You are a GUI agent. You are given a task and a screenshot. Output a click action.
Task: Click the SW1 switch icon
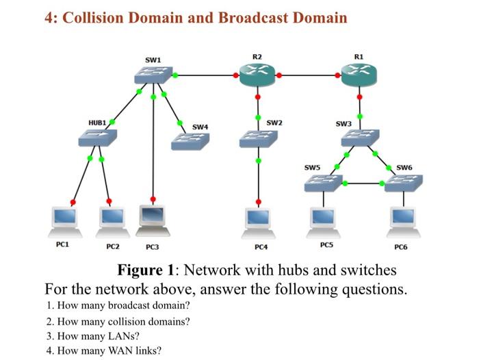tap(153, 75)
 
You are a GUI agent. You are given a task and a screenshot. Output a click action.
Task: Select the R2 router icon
tap(257, 75)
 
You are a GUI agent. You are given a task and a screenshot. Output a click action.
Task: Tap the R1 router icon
tap(359, 75)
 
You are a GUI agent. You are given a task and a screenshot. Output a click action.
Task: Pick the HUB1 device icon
tap(98, 138)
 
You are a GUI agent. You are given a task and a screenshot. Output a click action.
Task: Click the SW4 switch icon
tap(190, 142)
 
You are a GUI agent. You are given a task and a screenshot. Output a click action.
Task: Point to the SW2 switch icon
tap(259, 139)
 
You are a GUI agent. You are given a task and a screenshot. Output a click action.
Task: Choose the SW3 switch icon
tap(360, 138)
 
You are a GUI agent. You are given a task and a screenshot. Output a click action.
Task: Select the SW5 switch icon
tap(324, 183)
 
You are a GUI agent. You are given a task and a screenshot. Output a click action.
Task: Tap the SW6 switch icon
tap(404, 183)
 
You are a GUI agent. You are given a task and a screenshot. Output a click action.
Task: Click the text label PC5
tap(326, 245)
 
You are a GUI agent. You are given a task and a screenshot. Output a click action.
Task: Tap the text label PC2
tap(113, 246)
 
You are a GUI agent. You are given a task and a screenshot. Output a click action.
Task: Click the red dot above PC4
tap(259, 202)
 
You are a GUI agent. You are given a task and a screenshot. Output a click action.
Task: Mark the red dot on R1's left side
tap(337, 75)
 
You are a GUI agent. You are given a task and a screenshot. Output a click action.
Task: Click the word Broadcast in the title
tap(253, 17)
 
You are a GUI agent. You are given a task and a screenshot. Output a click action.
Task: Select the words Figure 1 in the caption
tap(145, 270)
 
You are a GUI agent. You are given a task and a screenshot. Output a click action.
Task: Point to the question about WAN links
tap(104, 350)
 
